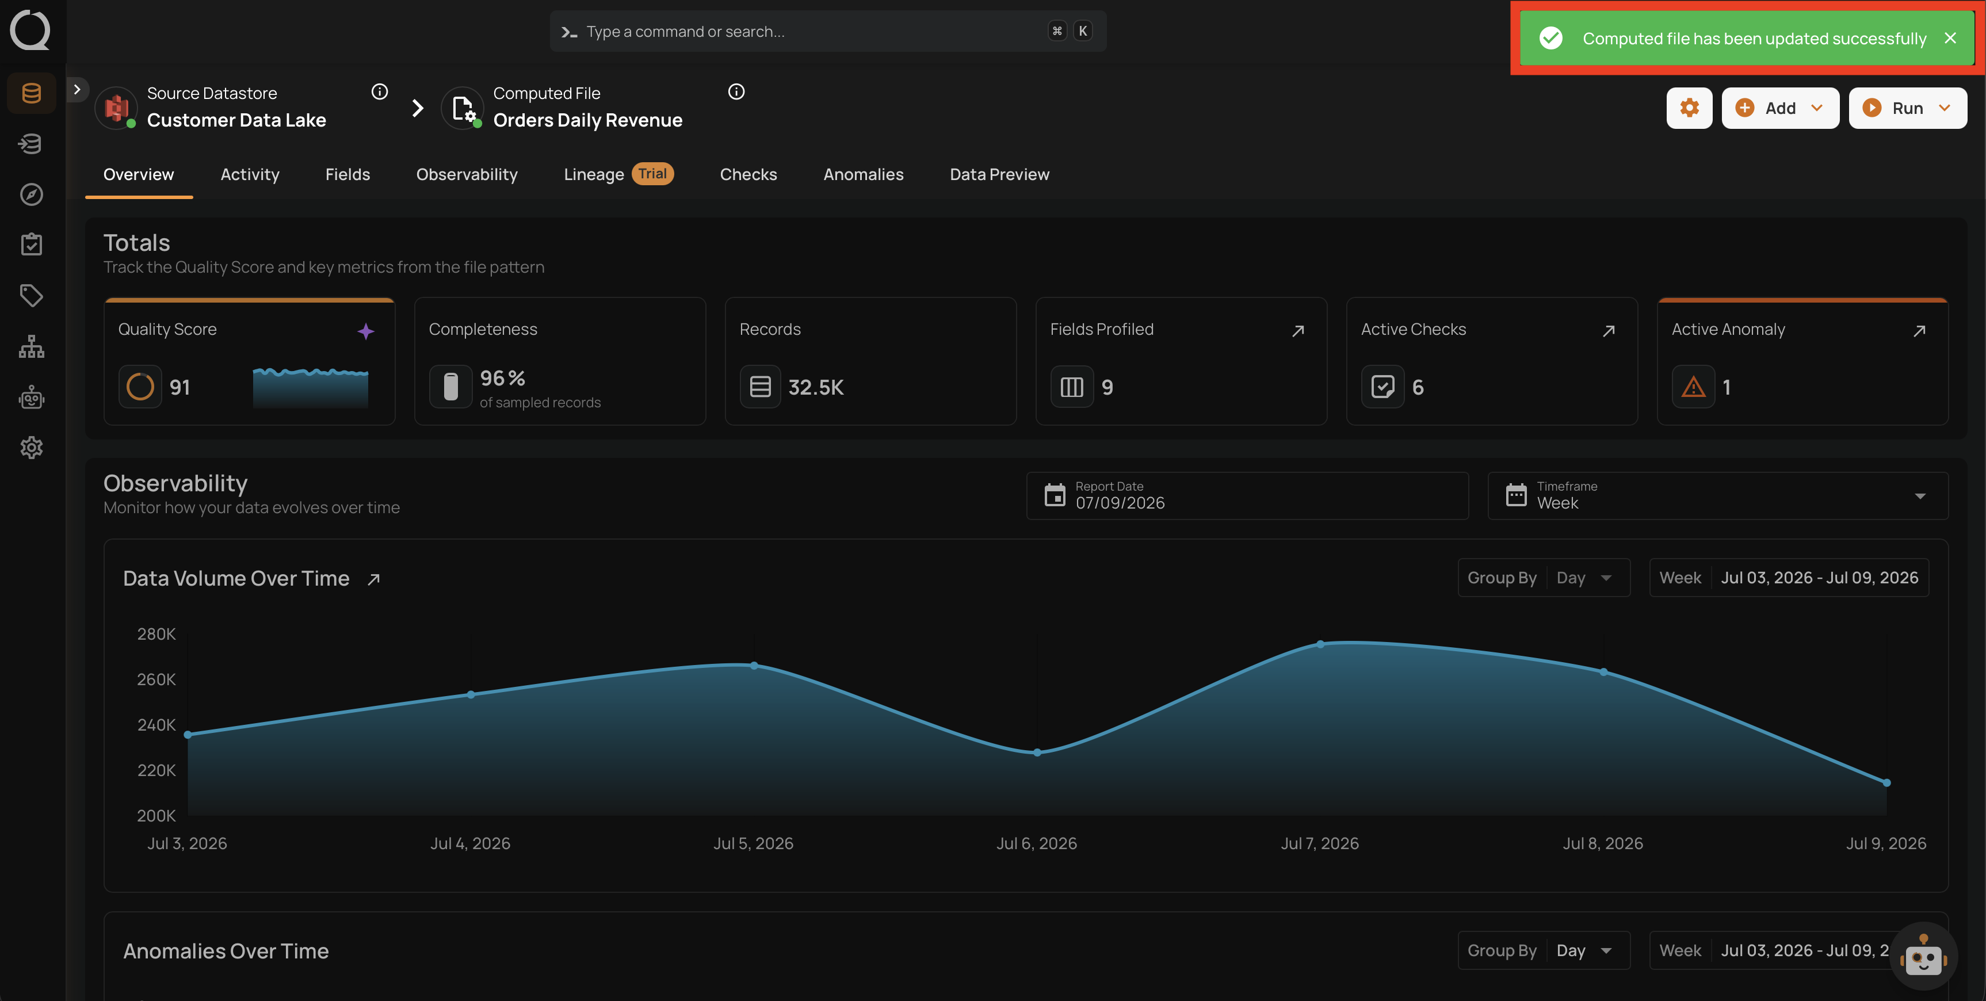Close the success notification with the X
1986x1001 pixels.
point(1950,38)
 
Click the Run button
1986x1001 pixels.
point(1907,108)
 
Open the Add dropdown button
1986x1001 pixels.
point(1779,108)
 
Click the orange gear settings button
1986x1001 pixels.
point(1689,108)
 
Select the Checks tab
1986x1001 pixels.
point(748,174)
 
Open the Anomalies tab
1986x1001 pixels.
point(863,174)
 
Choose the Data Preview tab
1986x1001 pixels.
point(999,174)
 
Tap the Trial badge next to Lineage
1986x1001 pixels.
point(652,174)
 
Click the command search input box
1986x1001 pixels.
point(828,32)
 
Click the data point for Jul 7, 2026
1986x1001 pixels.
point(1320,644)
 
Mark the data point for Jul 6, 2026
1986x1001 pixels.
point(1037,752)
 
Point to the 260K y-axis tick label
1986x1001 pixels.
point(156,679)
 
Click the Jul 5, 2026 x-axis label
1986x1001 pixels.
point(753,843)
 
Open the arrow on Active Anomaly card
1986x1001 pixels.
point(1919,331)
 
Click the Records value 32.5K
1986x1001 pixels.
point(816,387)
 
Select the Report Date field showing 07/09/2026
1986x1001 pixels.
point(1247,496)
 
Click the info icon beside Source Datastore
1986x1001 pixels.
point(379,92)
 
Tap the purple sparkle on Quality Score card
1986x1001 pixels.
point(365,331)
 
